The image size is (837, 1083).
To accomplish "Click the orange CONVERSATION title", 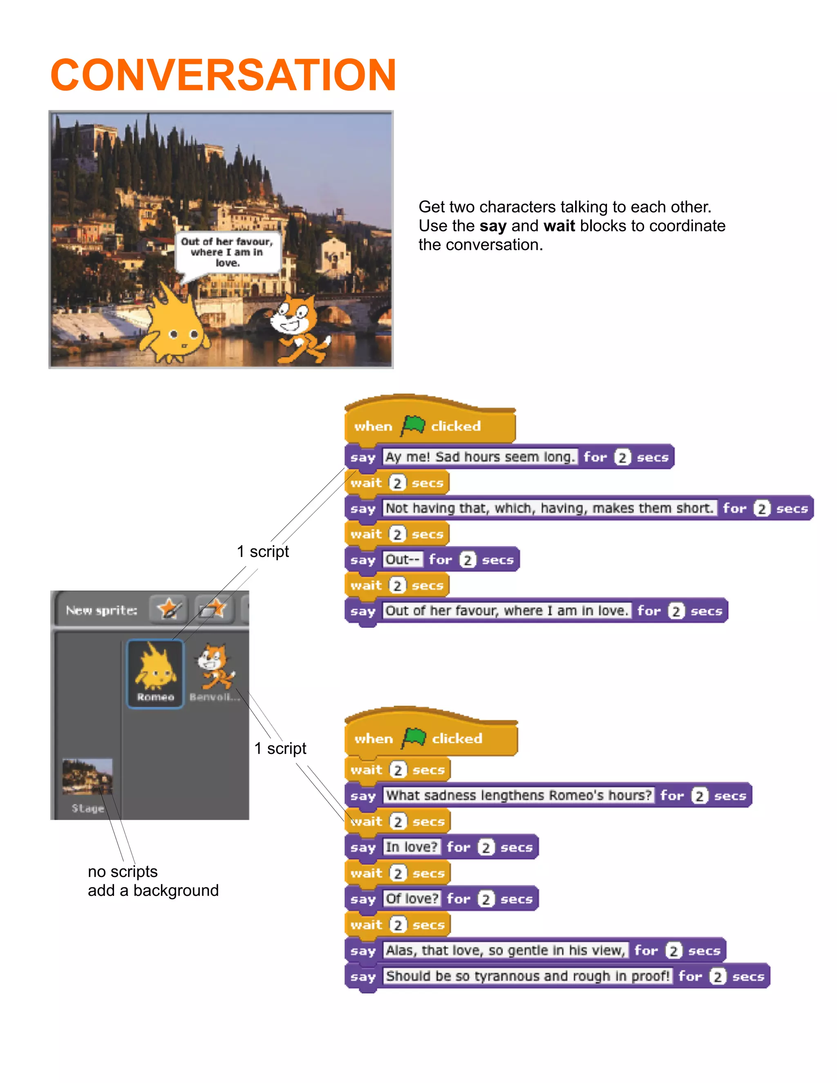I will point(223,75).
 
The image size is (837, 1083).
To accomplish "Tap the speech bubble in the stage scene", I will point(227,253).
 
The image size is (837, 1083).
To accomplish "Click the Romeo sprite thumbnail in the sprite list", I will point(155,672).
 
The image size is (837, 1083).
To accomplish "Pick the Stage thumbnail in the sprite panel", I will point(87,778).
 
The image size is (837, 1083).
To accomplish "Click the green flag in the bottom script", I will point(414,738).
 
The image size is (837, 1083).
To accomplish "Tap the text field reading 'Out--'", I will point(402,559).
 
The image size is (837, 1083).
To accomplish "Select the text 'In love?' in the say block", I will point(412,847).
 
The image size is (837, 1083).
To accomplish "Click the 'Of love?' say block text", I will point(412,899).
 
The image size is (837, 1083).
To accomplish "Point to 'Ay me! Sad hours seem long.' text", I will point(479,457).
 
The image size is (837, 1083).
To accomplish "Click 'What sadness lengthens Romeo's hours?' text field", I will point(518,795).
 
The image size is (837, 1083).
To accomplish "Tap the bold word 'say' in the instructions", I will point(492,226).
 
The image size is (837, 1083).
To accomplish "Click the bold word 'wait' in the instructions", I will point(559,226).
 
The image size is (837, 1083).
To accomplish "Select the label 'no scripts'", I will point(123,871).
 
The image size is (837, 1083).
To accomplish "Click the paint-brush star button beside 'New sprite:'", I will point(169,609).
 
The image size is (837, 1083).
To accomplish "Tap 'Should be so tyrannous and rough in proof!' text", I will point(528,976).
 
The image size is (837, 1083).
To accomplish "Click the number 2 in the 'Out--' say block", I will point(467,560).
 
